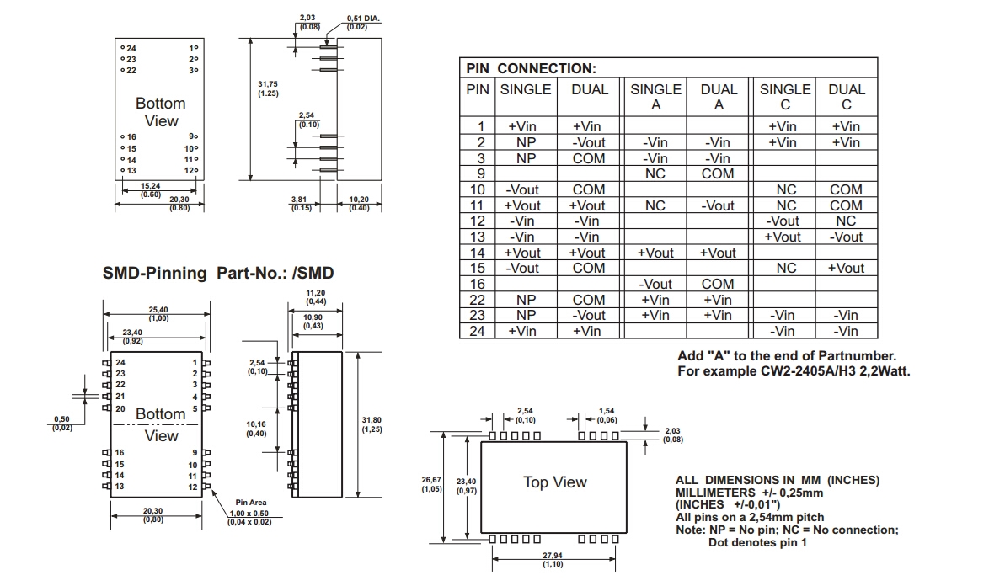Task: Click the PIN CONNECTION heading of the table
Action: [x=531, y=68]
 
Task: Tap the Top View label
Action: [x=554, y=482]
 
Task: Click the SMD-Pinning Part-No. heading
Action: [x=218, y=273]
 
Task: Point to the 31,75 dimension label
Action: [x=269, y=83]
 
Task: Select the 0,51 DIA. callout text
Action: [x=362, y=18]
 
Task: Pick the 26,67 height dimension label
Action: [x=432, y=480]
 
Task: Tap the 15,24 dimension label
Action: [x=151, y=185]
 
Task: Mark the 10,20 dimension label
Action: [x=359, y=200]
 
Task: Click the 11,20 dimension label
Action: [x=317, y=292]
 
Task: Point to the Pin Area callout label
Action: [x=251, y=503]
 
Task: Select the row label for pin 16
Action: [x=478, y=284]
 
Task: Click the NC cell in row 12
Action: [x=846, y=221]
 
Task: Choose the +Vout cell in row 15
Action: [x=846, y=268]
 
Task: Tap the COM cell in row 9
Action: [x=718, y=173]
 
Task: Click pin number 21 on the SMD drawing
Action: [x=120, y=397]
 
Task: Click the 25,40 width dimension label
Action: [x=158, y=310]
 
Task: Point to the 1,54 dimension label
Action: [x=607, y=411]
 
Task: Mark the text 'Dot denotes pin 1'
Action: [x=756, y=542]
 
